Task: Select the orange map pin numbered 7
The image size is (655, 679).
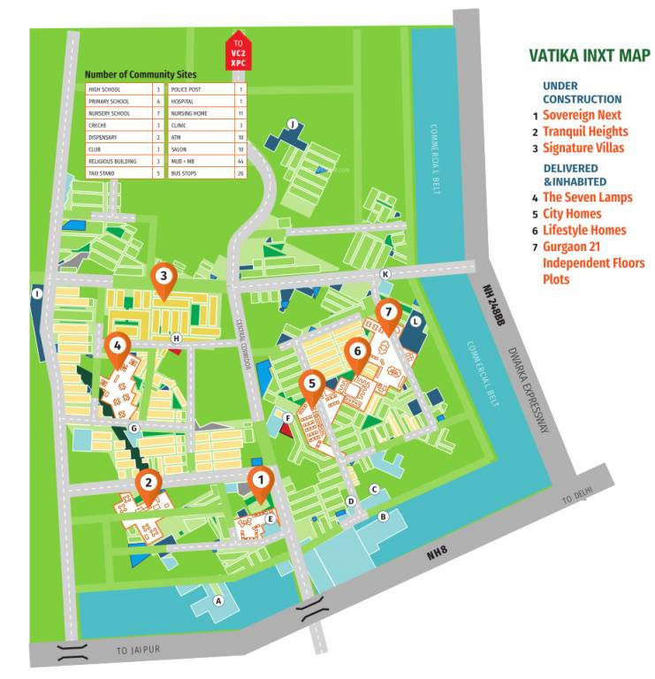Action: click(x=387, y=314)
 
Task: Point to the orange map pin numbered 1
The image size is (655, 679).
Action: click(x=260, y=481)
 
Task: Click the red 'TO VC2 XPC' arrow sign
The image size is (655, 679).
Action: click(x=237, y=51)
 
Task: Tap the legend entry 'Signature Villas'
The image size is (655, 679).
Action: click(x=583, y=148)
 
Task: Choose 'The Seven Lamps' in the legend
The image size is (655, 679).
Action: click(x=587, y=197)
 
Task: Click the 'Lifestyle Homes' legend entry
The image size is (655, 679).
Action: click(x=584, y=230)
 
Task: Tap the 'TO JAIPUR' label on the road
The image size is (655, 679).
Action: click(x=136, y=651)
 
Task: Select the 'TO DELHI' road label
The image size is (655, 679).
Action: click(x=575, y=498)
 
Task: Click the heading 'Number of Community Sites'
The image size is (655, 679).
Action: click(x=141, y=75)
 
